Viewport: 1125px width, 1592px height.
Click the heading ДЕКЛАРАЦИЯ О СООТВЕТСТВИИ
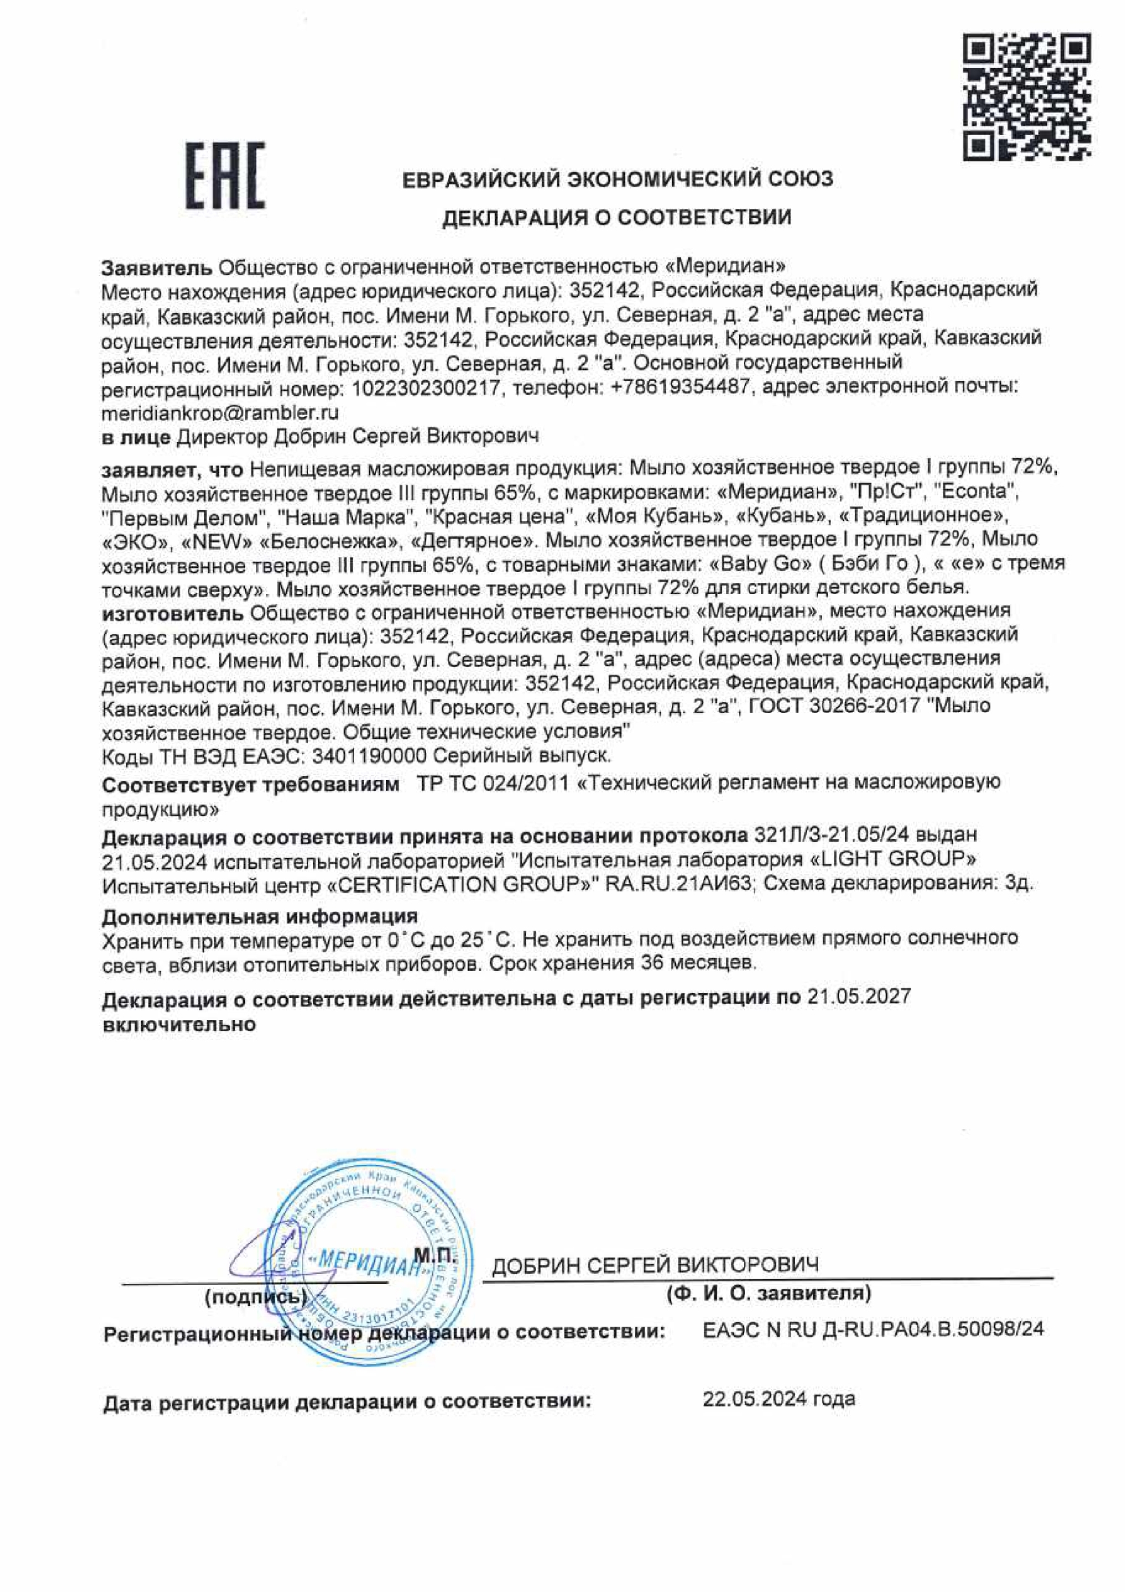coord(616,218)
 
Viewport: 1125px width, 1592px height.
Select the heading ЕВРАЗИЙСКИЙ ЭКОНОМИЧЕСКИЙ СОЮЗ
coord(618,180)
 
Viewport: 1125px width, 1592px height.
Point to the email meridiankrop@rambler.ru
coord(220,413)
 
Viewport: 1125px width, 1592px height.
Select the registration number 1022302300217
coord(427,388)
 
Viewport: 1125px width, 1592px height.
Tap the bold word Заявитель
coord(157,267)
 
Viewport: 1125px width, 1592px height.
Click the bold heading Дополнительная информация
coord(260,916)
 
